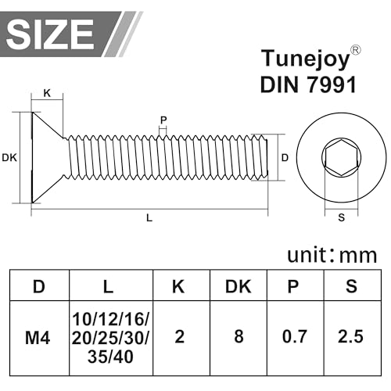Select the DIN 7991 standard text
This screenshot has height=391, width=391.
coord(307,84)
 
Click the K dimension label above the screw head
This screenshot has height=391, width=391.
coord(47,93)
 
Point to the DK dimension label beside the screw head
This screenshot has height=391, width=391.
coord(9,158)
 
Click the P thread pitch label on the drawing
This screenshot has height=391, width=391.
coord(163,120)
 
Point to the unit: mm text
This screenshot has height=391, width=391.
coord(332,255)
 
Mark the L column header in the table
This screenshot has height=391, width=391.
coord(109,287)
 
